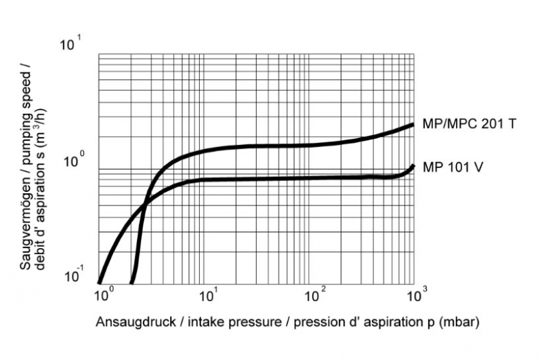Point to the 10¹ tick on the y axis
pyautogui.click(x=71, y=45)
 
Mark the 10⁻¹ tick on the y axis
pyautogui.click(x=71, y=277)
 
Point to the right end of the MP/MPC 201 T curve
pyautogui.click(x=413, y=125)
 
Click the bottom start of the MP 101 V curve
pyautogui.click(x=100, y=282)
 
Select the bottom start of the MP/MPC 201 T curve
pyautogui.click(x=132, y=282)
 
